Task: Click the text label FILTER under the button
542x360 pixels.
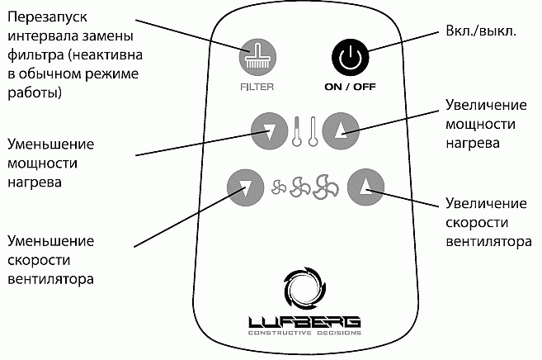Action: pos(257,85)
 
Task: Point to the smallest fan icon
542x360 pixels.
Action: pos(280,189)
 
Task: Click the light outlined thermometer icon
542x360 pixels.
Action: pos(313,130)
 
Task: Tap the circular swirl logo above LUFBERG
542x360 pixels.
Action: pos(304,287)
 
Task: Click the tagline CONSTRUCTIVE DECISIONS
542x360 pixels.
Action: pos(304,334)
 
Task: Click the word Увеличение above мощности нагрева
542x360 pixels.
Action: pos(487,107)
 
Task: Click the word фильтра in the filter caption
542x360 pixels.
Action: pos(34,56)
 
